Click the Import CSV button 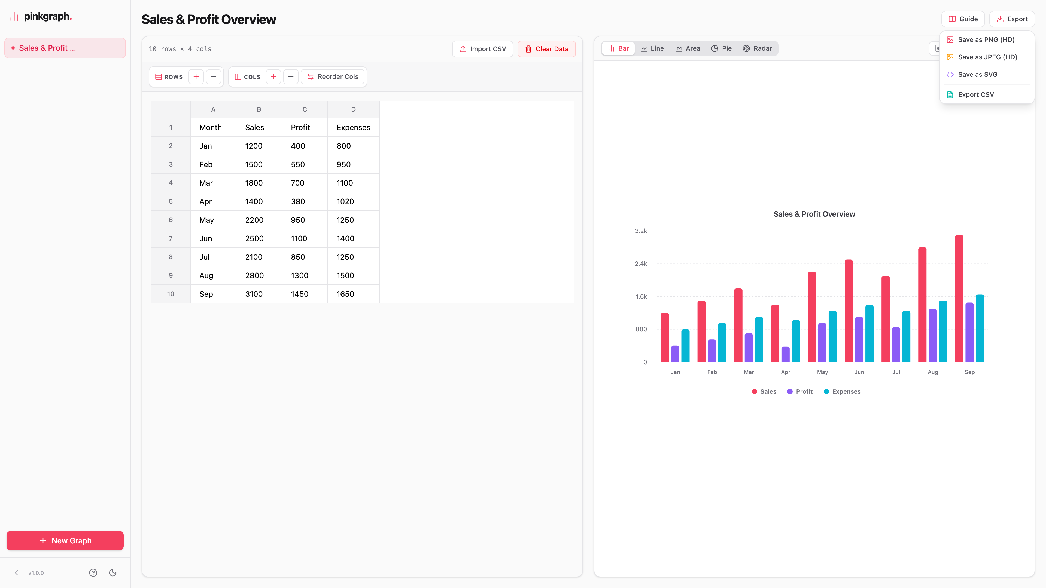[x=482, y=49]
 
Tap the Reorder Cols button [x=333, y=77]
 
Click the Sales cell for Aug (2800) [x=259, y=275]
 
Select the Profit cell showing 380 [x=305, y=201]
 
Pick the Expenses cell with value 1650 [x=353, y=294]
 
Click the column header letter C [x=305, y=109]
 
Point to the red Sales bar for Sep [x=959, y=299]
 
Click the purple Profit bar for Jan [x=675, y=354]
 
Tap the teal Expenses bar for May [x=833, y=336]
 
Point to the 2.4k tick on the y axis [x=641, y=264]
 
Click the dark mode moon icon [x=113, y=572]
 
